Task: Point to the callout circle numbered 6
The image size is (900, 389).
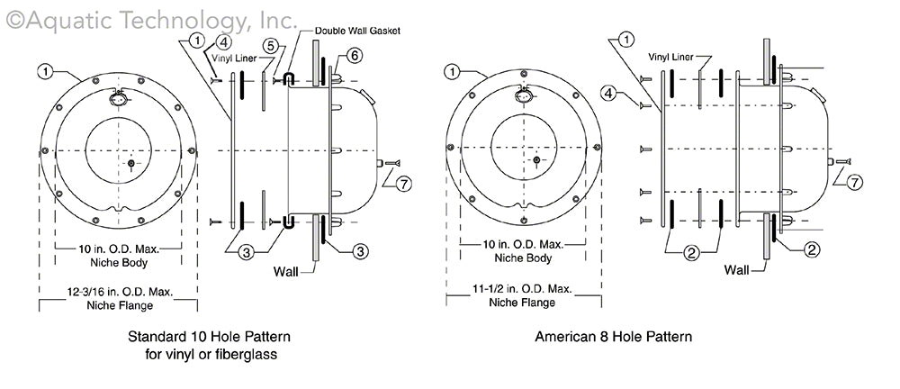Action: click(x=355, y=57)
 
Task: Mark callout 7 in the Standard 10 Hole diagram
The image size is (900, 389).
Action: click(x=402, y=184)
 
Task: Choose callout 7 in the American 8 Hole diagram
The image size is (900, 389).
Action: click(x=855, y=182)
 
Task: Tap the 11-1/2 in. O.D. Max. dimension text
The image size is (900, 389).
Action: click(x=524, y=290)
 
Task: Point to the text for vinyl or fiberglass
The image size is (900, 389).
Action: click(x=211, y=355)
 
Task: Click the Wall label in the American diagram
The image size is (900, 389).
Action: click(x=737, y=269)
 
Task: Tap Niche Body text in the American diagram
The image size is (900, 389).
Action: click(x=524, y=258)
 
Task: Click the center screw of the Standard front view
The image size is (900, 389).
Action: click(x=131, y=163)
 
